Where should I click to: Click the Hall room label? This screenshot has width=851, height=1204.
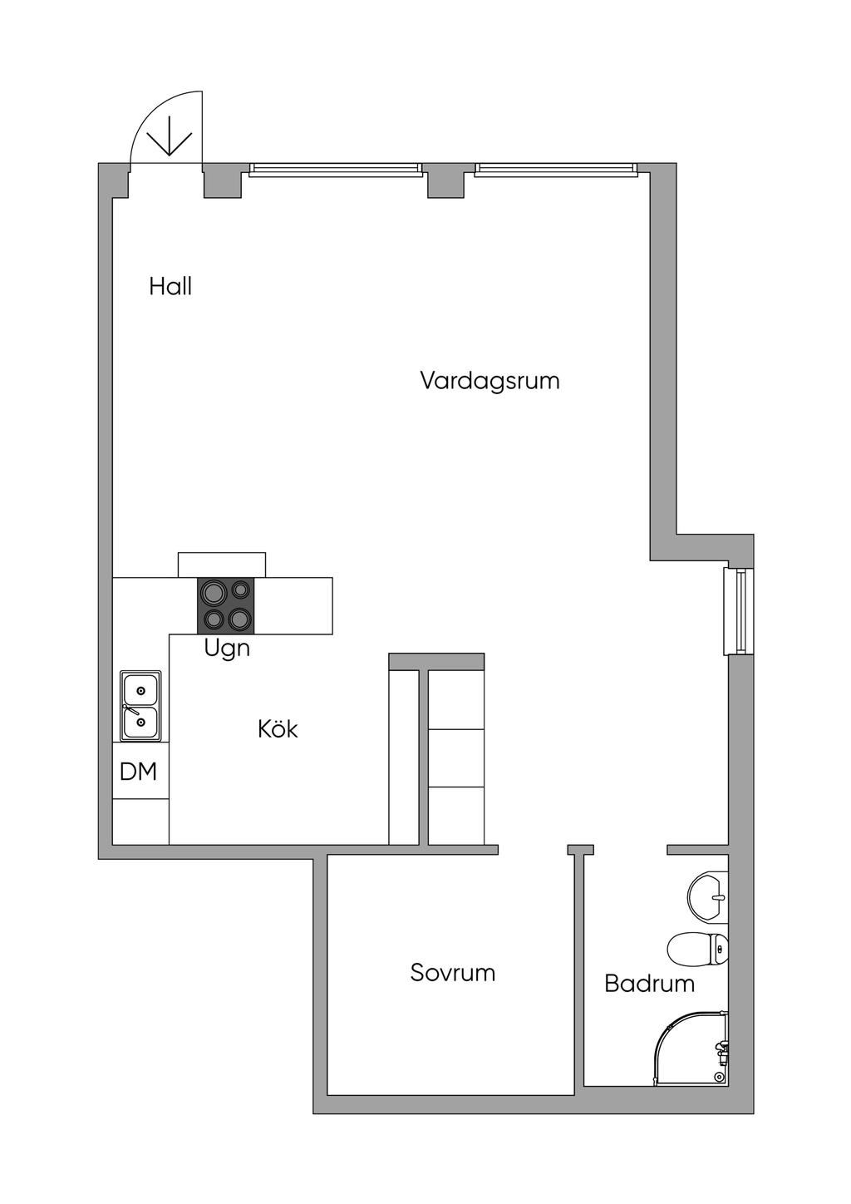(170, 287)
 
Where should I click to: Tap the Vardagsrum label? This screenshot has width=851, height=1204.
(489, 381)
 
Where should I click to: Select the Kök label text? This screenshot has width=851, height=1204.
(278, 729)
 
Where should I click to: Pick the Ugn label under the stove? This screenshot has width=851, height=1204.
(227, 649)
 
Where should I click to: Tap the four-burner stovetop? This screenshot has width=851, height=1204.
(226, 605)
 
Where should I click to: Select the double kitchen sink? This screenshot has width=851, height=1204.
(140, 706)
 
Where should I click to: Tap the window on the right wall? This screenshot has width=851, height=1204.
(738, 611)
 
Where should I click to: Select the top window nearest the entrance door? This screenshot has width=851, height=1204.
(336, 170)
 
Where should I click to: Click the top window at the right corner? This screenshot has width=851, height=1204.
(557, 170)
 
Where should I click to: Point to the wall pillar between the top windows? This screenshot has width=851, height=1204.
(445, 180)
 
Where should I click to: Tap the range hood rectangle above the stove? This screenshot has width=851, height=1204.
(221, 565)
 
